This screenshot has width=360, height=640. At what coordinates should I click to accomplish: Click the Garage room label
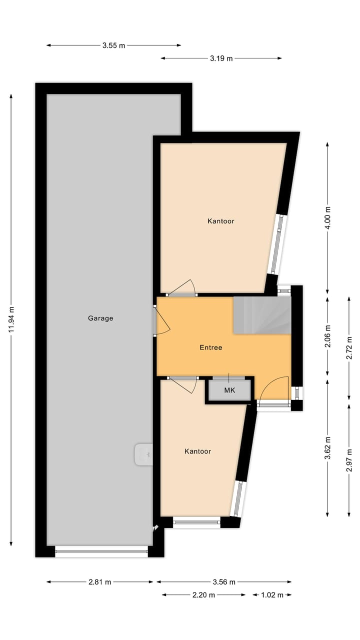[x=100, y=318]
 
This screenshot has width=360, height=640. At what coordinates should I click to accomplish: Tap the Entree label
[x=210, y=347]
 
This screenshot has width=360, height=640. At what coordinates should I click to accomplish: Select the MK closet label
[x=229, y=390]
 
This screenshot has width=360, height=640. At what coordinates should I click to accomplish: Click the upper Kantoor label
[x=220, y=221]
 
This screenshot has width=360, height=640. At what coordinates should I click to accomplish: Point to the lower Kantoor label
[x=197, y=451]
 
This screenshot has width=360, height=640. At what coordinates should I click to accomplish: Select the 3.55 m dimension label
[x=113, y=45]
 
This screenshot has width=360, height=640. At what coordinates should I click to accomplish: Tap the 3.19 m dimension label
[x=221, y=58]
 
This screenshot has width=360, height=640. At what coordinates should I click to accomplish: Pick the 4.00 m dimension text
[x=328, y=218]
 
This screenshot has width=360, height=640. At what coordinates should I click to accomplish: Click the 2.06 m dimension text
[x=328, y=336]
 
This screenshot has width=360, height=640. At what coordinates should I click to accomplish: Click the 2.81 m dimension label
[x=99, y=582]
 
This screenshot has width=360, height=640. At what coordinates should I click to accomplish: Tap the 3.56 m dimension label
[x=223, y=582]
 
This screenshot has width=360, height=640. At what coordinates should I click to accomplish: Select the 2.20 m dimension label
[x=203, y=595]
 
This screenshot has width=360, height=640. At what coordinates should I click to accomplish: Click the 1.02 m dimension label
[x=271, y=595]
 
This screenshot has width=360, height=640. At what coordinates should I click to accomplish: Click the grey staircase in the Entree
[x=262, y=315]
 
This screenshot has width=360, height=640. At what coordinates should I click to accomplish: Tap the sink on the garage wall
[x=143, y=454]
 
